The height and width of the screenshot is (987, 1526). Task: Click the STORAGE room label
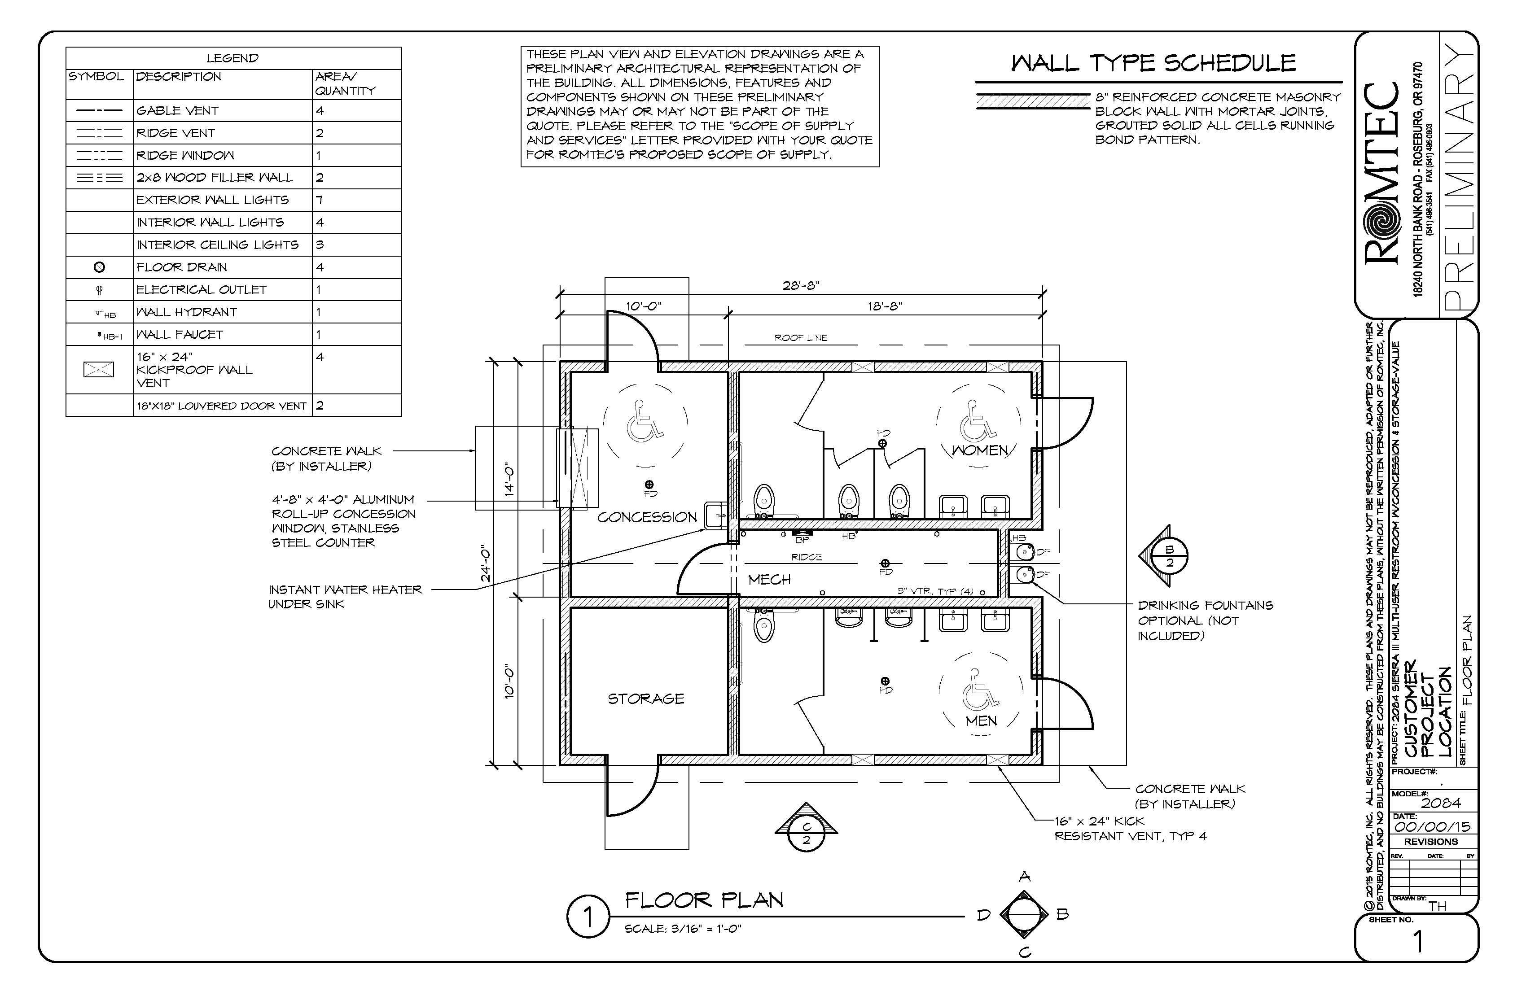click(x=646, y=699)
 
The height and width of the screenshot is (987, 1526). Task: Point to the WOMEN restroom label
click(x=980, y=450)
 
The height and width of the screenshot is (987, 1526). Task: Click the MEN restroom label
click(x=981, y=721)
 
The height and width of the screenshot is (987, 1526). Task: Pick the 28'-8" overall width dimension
click(x=801, y=286)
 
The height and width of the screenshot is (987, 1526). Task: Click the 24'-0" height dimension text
click(x=487, y=564)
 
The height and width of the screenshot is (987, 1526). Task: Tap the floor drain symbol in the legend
click(x=99, y=267)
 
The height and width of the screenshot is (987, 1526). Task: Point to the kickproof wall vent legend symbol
click(x=99, y=369)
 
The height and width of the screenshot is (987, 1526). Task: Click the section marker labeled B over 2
click(x=1168, y=556)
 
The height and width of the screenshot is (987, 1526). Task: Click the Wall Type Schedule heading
click(x=1153, y=63)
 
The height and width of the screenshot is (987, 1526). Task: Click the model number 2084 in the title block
click(x=1441, y=803)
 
